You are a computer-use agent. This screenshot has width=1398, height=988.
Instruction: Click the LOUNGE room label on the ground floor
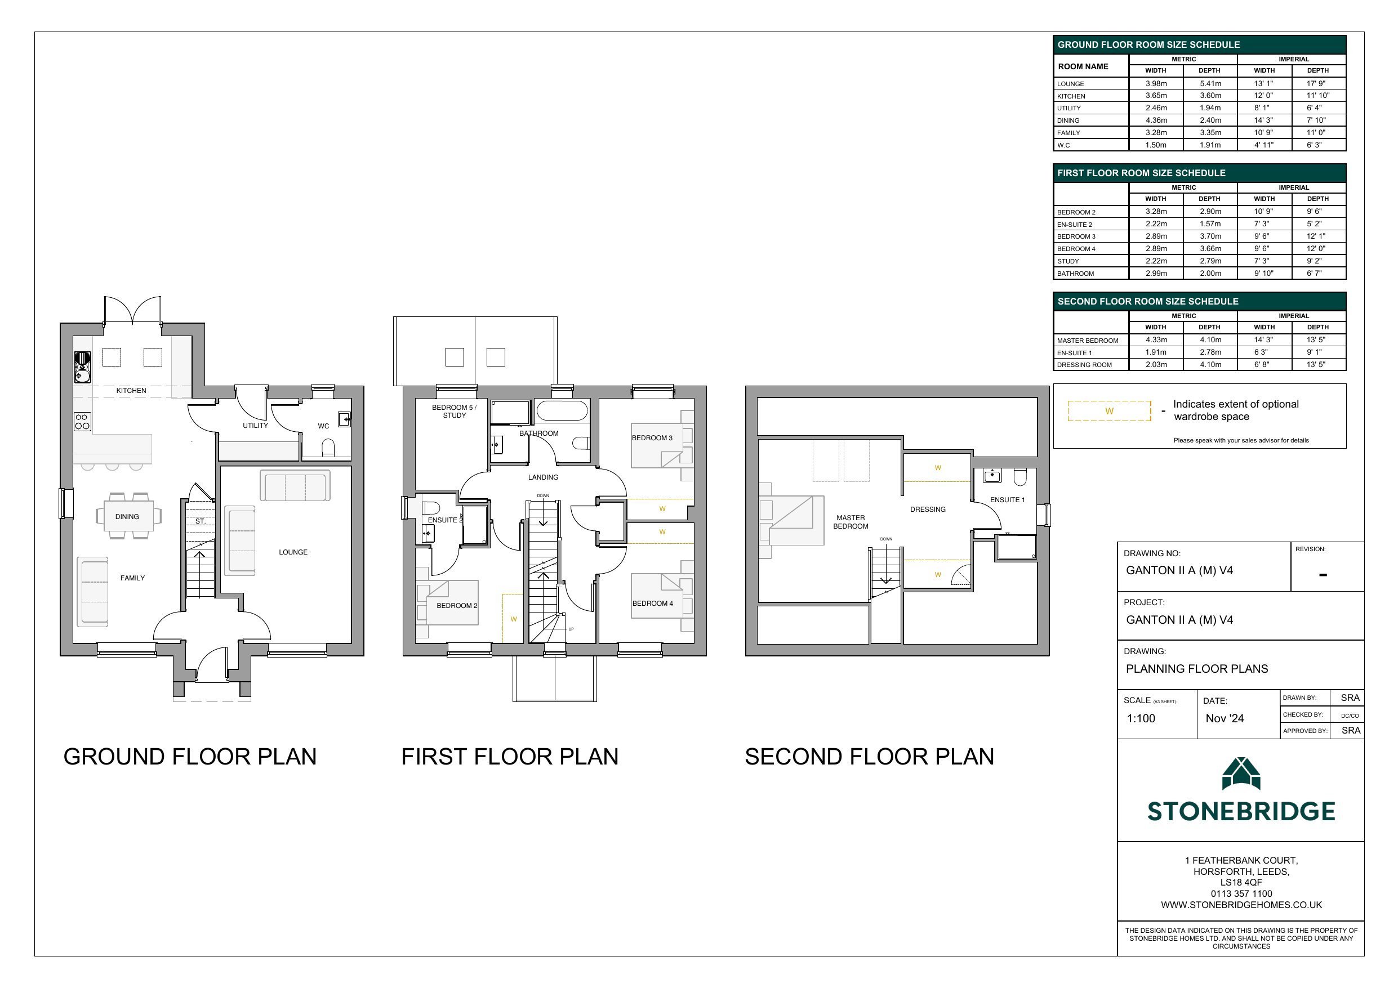click(x=293, y=552)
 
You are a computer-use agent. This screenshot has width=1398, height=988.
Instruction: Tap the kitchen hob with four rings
click(x=83, y=421)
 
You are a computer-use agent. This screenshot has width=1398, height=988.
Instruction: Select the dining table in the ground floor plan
click(x=127, y=516)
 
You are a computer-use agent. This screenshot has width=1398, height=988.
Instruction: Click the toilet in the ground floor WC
click(x=328, y=448)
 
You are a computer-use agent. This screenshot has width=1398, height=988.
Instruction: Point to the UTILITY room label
click(x=255, y=426)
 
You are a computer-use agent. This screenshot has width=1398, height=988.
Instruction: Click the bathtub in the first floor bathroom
click(x=562, y=410)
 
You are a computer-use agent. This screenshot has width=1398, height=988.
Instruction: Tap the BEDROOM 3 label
click(x=652, y=437)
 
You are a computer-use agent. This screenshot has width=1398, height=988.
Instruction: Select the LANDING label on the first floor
click(x=542, y=477)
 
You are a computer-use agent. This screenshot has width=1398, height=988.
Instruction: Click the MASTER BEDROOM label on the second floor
click(x=850, y=522)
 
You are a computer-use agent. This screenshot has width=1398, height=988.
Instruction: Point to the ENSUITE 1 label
click(x=1007, y=500)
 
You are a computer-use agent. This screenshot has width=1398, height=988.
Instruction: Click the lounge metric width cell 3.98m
click(x=1156, y=83)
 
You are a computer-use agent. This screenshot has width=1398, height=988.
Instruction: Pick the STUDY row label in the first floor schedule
click(x=1068, y=261)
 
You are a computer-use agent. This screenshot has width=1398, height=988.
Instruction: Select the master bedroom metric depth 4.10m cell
click(x=1210, y=340)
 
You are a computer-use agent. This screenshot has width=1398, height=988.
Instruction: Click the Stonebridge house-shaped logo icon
click(x=1241, y=774)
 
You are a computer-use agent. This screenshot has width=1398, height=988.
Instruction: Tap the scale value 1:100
click(x=1141, y=718)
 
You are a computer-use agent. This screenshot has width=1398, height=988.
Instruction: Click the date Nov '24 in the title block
click(x=1225, y=718)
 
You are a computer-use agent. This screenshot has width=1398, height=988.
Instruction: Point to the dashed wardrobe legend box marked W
click(x=1109, y=411)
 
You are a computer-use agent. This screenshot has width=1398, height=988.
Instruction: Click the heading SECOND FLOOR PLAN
click(x=869, y=757)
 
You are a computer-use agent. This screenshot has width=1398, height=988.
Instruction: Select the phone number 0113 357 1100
click(x=1241, y=893)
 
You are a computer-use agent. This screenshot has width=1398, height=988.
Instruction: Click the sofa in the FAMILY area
click(x=94, y=592)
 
